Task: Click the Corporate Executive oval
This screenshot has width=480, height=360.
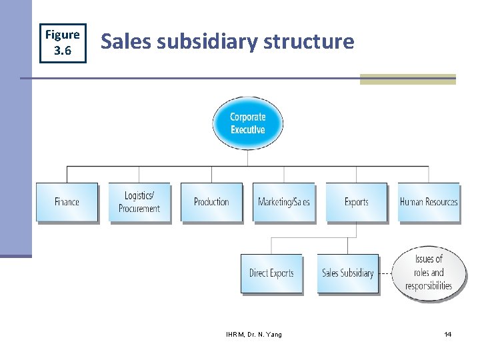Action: tap(248, 123)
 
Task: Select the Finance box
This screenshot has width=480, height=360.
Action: tap(67, 202)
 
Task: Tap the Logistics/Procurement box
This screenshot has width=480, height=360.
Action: tap(139, 202)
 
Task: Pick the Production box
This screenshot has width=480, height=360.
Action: tap(211, 202)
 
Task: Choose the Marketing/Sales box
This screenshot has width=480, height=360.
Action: tap(284, 202)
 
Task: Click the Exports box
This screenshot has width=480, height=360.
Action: tap(356, 202)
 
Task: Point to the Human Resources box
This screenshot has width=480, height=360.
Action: tap(429, 202)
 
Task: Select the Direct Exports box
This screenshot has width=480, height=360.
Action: tap(271, 273)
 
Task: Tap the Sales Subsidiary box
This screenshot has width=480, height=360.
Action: tap(347, 273)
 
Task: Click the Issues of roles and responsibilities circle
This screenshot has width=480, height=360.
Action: tap(429, 273)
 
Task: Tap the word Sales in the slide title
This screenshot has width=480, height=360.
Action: tap(121, 42)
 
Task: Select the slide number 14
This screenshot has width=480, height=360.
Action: tap(447, 334)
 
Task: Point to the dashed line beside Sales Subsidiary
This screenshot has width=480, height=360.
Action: tap(385, 273)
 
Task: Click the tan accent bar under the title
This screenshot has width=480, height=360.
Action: tap(407, 79)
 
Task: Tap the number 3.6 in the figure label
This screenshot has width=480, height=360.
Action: tap(62, 51)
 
